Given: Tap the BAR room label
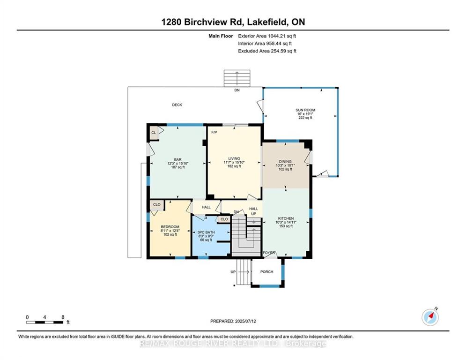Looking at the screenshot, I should click(x=178, y=159).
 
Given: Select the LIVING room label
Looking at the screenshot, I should click(x=234, y=158).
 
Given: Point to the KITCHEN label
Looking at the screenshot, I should click(x=286, y=218).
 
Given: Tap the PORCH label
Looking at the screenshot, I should click(x=266, y=272).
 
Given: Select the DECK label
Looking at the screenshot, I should click(x=177, y=105).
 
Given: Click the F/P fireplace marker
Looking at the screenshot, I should click(x=214, y=132).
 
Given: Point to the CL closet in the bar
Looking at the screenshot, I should click(x=154, y=133).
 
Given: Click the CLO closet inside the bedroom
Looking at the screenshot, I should click(x=156, y=204).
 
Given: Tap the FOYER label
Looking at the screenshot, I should click(x=268, y=253).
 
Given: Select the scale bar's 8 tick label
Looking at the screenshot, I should click(x=62, y=317).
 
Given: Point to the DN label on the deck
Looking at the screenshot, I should click(x=237, y=90).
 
